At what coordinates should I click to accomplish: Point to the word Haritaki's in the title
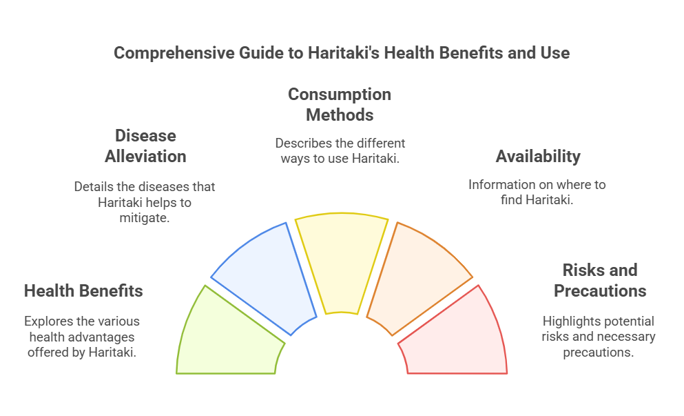coord(344,53)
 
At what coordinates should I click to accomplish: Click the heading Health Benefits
coord(83,291)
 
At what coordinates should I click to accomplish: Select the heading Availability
coord(538,157)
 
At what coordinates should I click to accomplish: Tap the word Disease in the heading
coord(145,136)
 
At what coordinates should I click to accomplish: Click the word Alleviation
coord(145,157)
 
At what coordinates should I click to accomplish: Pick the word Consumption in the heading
coord(340,95)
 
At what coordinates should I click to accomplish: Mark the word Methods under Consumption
coord(340,115)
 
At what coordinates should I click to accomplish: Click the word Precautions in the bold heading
coord(600,291)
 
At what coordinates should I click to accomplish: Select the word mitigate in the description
coord(145,217)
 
